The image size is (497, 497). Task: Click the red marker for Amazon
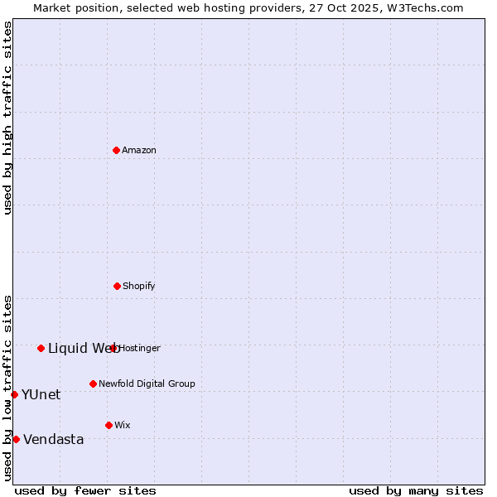(116, 150)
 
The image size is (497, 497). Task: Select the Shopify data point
(117, 286)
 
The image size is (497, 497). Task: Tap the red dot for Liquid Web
(41, 348)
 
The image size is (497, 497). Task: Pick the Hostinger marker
(113, 348)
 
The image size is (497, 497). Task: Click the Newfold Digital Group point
(93, 384)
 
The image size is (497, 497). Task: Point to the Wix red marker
(109, 425)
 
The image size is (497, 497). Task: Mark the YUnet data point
(14, 394)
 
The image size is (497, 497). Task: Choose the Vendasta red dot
(16, 439)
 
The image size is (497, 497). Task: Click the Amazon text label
(139, 151)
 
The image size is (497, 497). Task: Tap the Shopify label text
(139, 287)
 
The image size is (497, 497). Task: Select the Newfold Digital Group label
(147, 384)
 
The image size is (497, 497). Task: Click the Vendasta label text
(54, 440)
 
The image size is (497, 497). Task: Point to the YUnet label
(41, 395)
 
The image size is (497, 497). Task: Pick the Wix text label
(123, 426)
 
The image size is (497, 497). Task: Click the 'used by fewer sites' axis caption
(85, 490)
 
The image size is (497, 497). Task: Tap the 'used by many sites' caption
(416, 490)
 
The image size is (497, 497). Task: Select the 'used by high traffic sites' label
(7, 118)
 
